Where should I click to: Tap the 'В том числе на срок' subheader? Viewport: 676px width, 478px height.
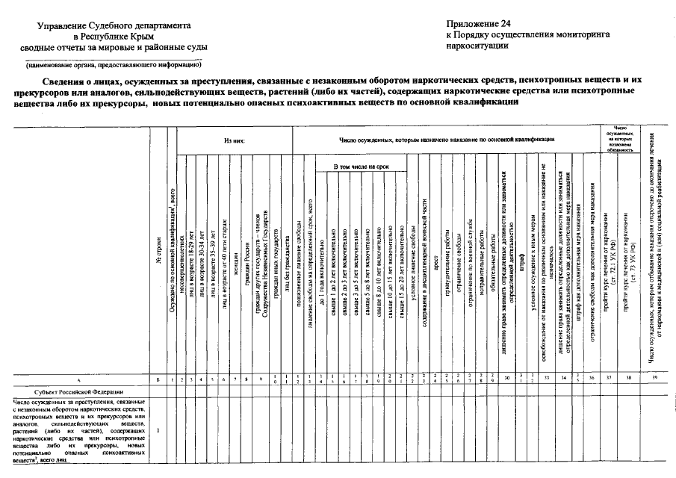click(362, 166)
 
